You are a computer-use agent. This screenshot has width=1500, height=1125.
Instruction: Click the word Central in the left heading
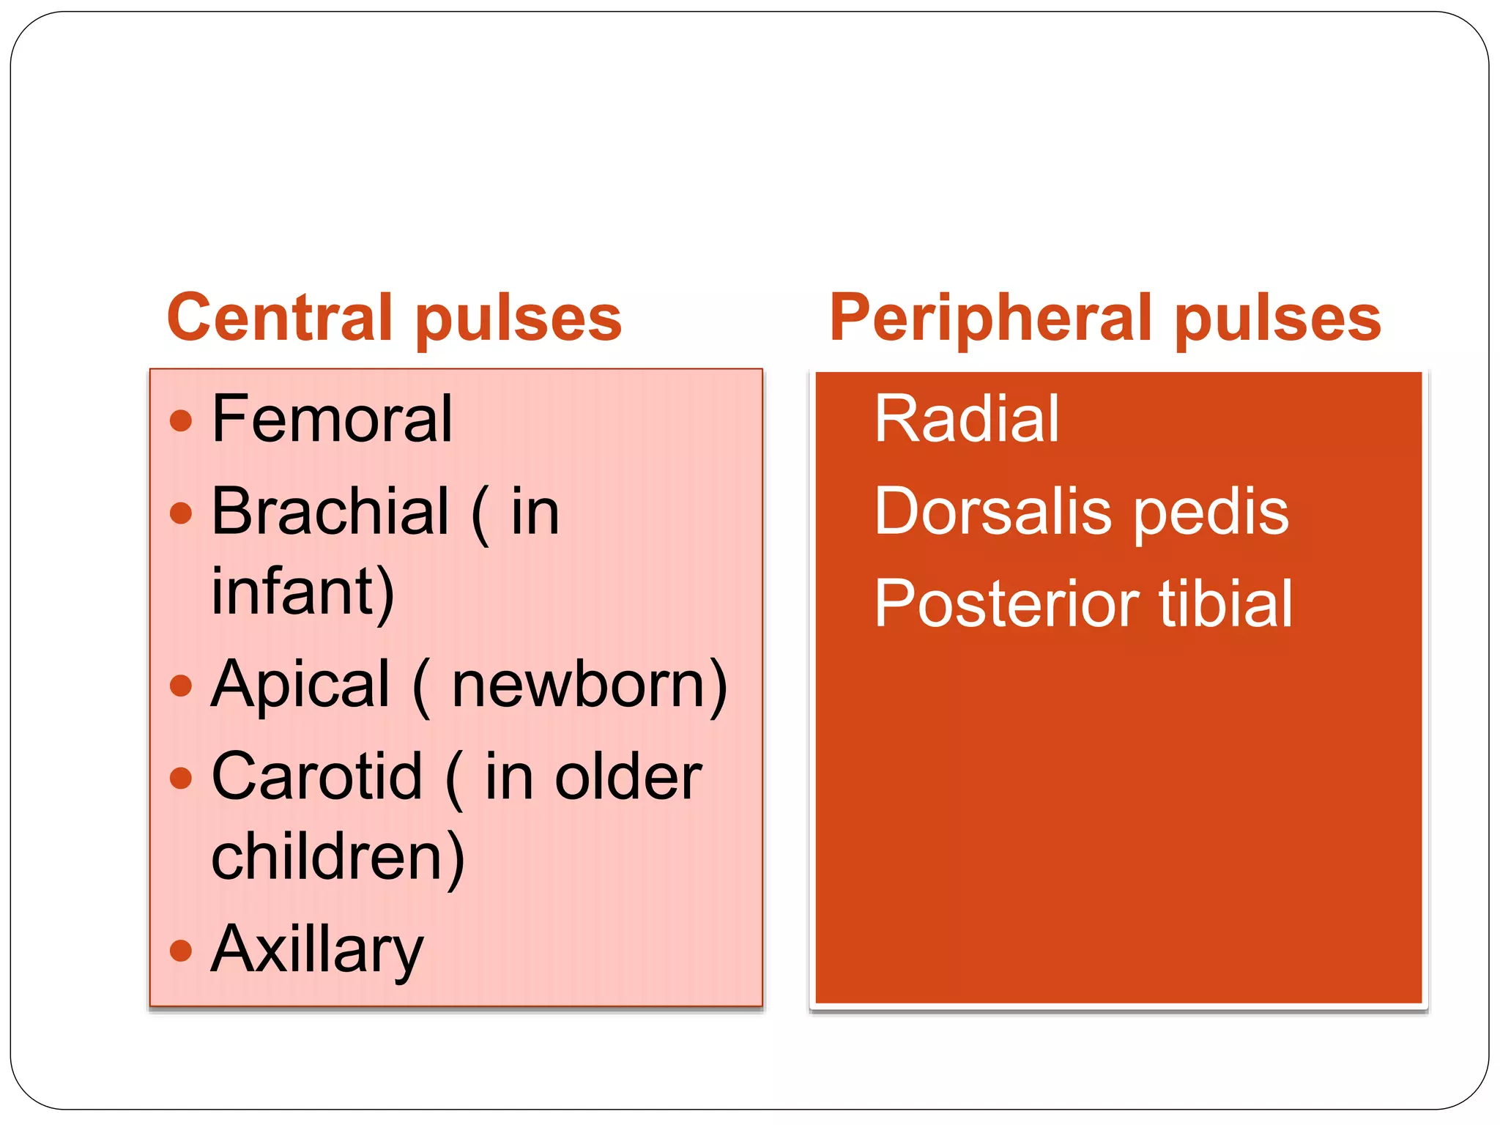tap(280, 317)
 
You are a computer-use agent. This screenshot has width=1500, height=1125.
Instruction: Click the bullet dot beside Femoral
tap(180, 420)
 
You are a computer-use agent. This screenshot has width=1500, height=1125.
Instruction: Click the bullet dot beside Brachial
tap(180, 513)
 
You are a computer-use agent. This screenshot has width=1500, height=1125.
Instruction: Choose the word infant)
tap(303, 592)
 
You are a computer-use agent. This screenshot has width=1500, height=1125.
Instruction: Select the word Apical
tap(300, 686)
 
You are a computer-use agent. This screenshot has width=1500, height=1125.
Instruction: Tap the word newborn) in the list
tap(589, 686)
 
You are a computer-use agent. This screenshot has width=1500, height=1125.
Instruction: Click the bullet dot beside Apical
tap(180, 686)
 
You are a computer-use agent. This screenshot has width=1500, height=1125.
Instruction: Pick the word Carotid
tap(316, 776)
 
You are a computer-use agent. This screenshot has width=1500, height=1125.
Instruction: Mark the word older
tap(628, 776)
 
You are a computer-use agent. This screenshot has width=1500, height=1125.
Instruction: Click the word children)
tap(338, 857)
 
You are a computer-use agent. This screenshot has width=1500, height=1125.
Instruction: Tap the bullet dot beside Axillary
tap(180, 951)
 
